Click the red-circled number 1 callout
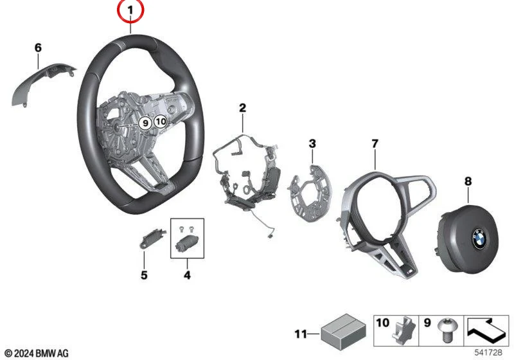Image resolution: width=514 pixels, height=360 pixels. [x=130, y=11]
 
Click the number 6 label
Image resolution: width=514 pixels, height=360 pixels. [x=38, y=48]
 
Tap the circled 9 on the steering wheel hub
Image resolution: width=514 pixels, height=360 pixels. [x=145, y=123]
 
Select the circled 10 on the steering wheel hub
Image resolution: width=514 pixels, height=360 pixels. [x=161, y=122]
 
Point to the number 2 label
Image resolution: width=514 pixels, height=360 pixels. [x=242, y=107]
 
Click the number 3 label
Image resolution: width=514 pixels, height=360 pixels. [x=312, y=143]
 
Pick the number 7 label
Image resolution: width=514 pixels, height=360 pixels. [x=375, y=143]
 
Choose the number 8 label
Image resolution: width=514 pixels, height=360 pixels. [x=468, y=181]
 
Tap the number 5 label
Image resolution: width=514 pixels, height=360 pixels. [x=144, y=275]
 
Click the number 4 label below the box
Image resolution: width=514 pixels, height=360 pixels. [x=187, y=275]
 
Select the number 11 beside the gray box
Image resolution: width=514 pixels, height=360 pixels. [x=301, y=334]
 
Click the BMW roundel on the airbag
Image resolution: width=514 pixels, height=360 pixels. [x=479, y=239]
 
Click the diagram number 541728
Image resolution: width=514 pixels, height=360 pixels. [x=488, y=352]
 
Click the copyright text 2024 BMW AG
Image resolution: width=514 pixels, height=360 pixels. [x=37, y=354]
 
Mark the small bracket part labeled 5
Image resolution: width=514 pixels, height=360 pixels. [x=152, y=238]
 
